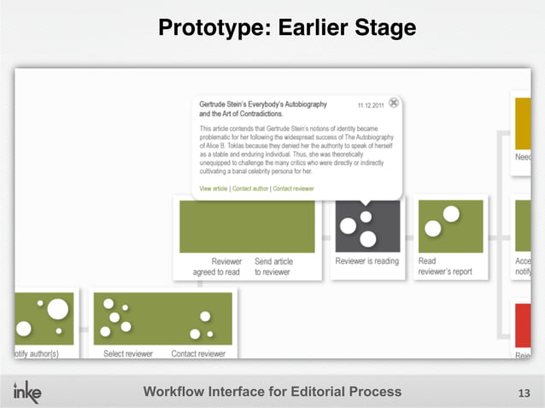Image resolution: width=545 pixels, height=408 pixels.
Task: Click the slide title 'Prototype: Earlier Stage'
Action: [286, 29]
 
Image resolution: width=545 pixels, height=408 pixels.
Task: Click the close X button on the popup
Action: [393, 102]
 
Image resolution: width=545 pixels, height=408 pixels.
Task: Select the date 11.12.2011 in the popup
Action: [371, 104]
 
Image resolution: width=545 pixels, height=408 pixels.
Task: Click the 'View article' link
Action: [213, 188]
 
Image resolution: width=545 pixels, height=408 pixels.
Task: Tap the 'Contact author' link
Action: [249, 188]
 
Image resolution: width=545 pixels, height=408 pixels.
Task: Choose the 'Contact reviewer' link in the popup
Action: [293, 188]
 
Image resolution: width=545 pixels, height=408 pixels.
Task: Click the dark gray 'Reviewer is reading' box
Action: [367, 226]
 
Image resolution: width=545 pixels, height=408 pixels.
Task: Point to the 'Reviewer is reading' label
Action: [367, 261]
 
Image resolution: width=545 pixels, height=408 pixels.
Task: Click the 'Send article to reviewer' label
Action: [273, 266]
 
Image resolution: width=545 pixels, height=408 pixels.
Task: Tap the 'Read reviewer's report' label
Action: [444, 266]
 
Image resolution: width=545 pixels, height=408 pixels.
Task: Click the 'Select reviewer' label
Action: [128, 353]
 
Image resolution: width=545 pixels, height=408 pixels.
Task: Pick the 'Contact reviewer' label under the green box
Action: [198, 353]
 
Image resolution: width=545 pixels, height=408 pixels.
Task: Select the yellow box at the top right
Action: [523, 124]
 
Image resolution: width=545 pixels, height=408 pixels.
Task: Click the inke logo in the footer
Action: [26, 391]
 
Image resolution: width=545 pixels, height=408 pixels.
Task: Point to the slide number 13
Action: [524, 393]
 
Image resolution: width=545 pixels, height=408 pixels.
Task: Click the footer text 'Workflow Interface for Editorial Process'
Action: [272, 392]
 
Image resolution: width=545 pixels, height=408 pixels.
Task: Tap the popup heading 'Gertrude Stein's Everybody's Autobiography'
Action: [263, 104]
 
